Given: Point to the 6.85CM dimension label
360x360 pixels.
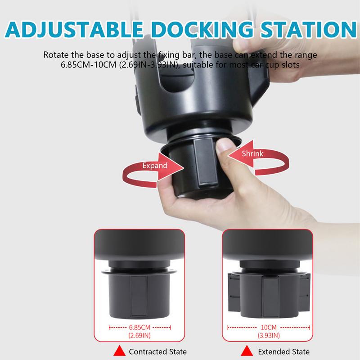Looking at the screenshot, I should tap(140, 328).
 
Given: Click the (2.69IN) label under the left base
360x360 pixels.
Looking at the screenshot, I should tap(140, 336).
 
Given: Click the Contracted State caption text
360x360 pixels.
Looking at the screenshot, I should tap(157, 351).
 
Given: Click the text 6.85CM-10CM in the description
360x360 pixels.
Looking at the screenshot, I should tap(88, 64).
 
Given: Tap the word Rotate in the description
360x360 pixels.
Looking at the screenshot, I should tap(56, 55).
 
